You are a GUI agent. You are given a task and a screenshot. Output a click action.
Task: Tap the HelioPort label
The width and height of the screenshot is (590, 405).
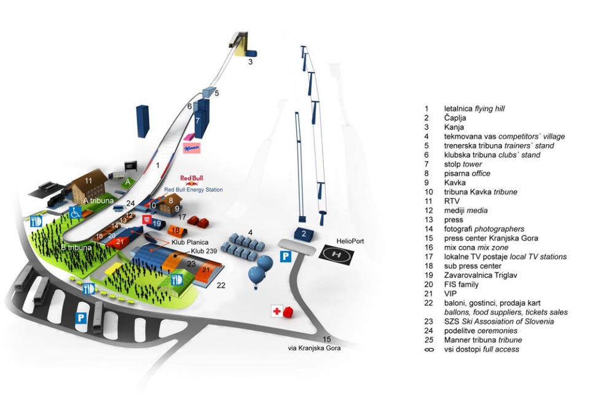pyautogui.click(x=350, y=241)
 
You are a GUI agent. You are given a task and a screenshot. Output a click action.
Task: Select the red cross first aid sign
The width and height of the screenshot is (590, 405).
pyautogui.click(x=277, y=312)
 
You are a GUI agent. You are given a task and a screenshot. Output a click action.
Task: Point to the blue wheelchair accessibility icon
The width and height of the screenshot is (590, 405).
pyautogui.click(x=75, y=212)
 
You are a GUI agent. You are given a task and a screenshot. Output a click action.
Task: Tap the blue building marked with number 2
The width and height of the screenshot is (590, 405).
pyautogui.click(x=304, y=233)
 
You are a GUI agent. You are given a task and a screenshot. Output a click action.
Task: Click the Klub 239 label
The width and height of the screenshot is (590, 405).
pyautogui.click(x=203, y=251)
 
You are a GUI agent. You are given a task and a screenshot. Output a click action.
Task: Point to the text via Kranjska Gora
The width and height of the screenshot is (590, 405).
pyautogui.click(x=314, y=347)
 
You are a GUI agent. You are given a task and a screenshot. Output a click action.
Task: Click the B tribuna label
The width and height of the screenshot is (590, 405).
pyautogui.click(x=76, y=247)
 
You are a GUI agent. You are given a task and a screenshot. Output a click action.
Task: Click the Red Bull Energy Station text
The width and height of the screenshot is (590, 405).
pyautogui.click(x=194, y=190)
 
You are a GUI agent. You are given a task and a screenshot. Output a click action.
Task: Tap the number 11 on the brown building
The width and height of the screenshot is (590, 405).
pyautogui.click(x=88, y=180)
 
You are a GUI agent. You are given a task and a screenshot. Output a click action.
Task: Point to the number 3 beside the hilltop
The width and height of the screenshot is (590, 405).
pyautogui.click(x=251, y=62)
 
